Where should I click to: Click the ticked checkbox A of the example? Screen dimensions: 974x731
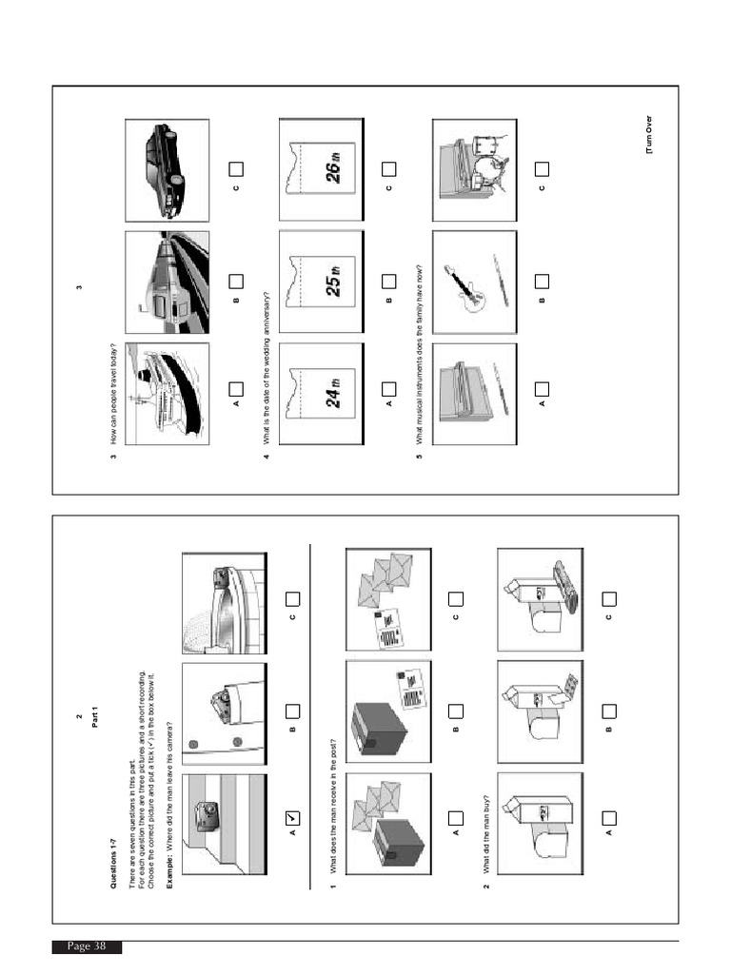coord(292,819)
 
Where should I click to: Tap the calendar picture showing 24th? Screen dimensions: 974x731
coord(320,394)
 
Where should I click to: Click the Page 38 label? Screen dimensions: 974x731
coord(87,946)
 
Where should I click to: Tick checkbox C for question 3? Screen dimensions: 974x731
coord(236,169)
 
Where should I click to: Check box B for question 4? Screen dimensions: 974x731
coord(388,282)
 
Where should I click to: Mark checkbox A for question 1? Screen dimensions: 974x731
coord(456,819)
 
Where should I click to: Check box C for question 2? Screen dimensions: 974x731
coord(609,599)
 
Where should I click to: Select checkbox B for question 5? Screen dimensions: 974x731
coord(542,282)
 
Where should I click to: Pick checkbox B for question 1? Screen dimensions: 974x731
coord(456,710)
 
